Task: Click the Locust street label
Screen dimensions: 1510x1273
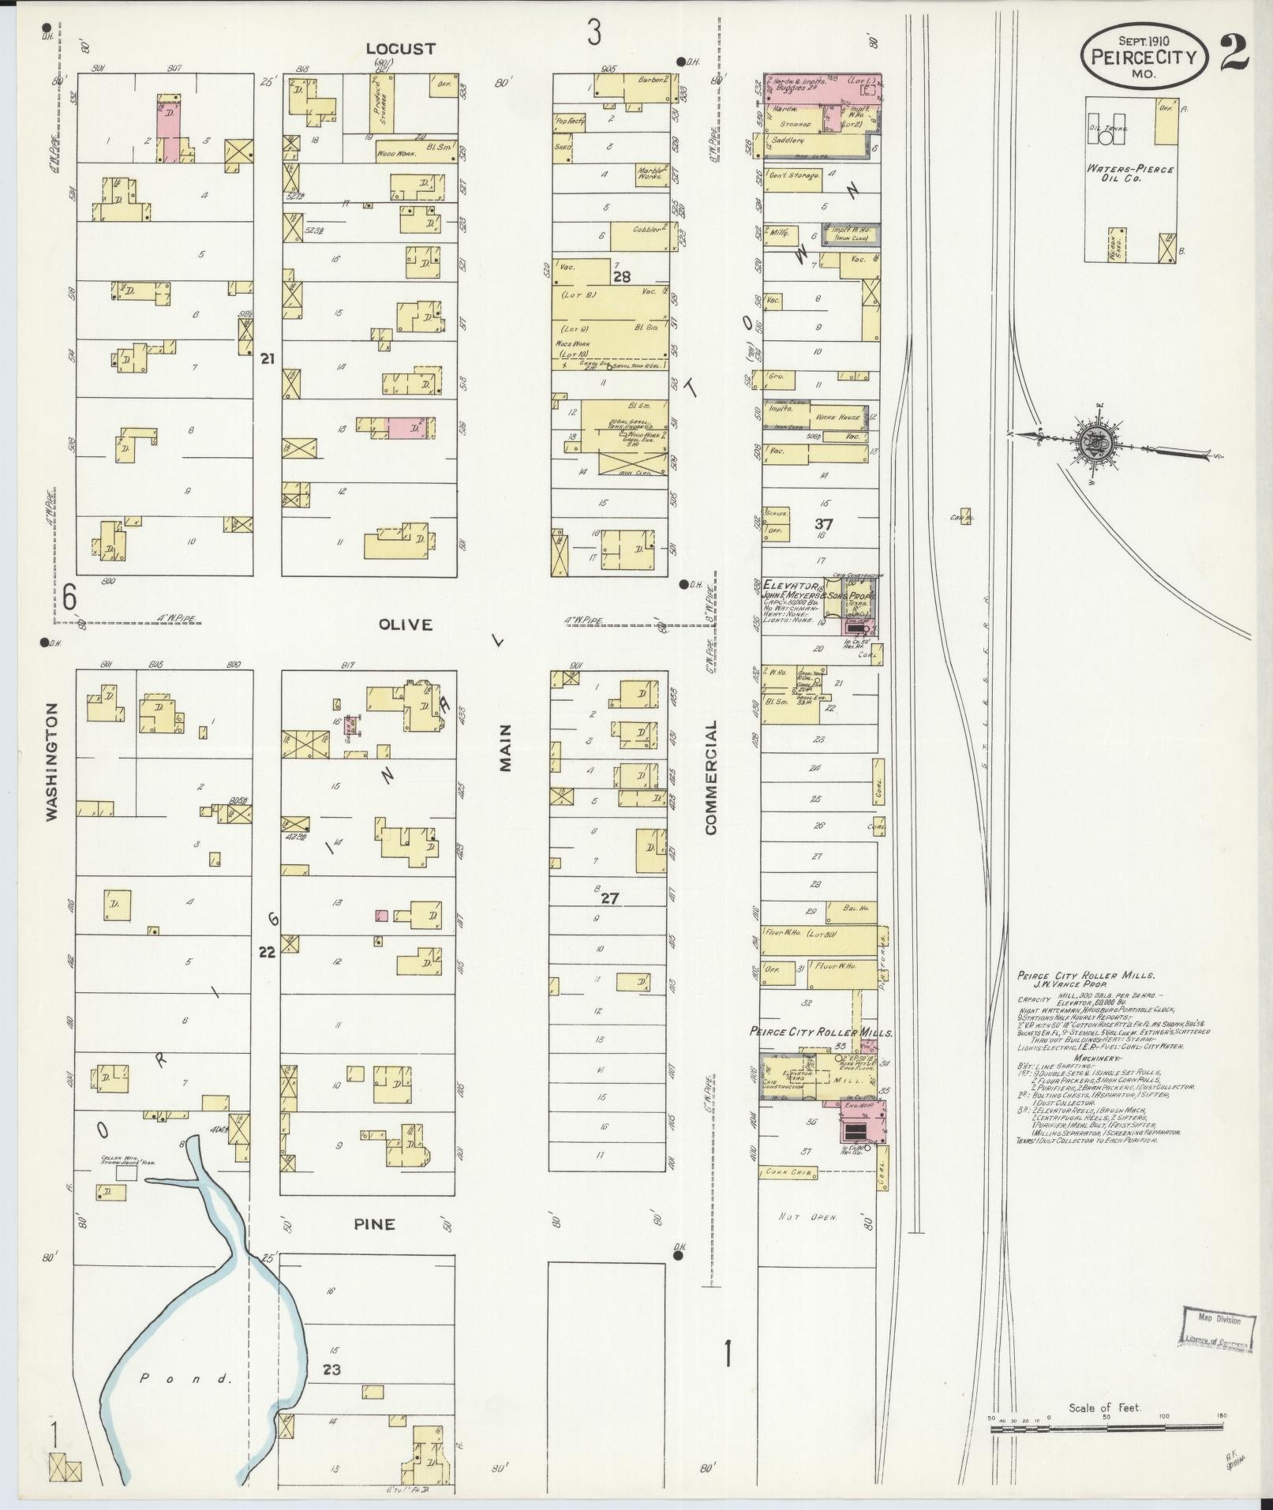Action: [x=401, y=49]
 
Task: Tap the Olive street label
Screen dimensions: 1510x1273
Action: [x=405, y=625]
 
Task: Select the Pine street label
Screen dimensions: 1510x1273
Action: [x=374, y=1224]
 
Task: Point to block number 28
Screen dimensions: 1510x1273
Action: [x=622, y=275]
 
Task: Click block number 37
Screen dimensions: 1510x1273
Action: [x=823, y=523]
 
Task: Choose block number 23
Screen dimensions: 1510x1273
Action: [x=331, y=1369]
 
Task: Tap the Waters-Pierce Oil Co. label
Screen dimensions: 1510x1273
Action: [x=1130, y=174]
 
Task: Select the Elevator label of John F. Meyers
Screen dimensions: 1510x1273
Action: [x=781, y=586]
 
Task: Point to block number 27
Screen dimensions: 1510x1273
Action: [x=609, y=897]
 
